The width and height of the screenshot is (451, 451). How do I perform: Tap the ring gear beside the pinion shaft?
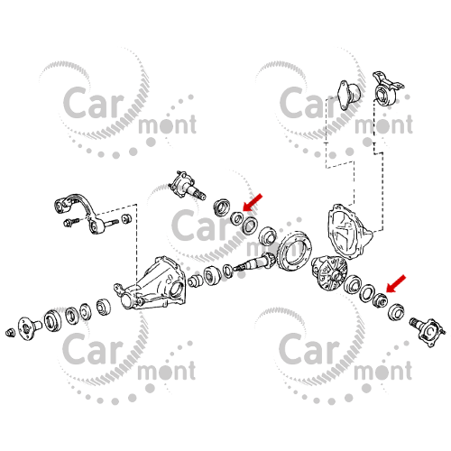[293, 250]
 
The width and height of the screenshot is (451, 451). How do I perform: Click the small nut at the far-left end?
[8, 333]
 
